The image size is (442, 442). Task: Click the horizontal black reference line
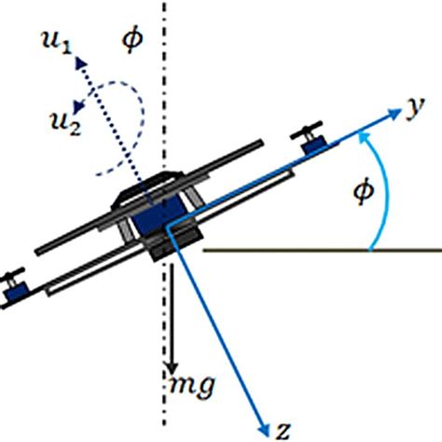pyautogui.click(x=317, y=250)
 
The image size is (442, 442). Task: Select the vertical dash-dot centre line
pyautogui.click(x=167, y=56)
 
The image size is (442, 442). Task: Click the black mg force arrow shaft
pyautogui.click(x=173, y=317)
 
